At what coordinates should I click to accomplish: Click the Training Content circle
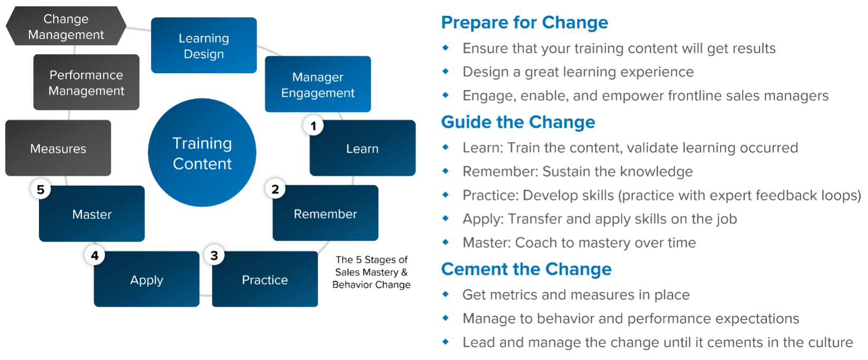click(202, 153)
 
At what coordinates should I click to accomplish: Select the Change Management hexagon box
click(66, 26)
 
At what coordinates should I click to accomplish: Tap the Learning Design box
click(204, 46)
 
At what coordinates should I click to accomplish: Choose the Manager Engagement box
click(318, 84)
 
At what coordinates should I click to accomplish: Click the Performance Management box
click(86, 83)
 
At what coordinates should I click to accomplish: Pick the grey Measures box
click(58, 148)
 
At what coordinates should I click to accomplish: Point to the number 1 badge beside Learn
click(314, 126)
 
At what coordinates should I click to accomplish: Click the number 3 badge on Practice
click(214, 255)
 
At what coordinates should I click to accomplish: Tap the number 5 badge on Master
click(41, 189)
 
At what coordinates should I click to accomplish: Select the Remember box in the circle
click(325, 214)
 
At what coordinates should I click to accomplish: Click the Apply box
click(146, 279)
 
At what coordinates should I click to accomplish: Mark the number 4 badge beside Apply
click(95, 255)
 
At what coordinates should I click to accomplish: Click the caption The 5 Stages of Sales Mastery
click(371, 272)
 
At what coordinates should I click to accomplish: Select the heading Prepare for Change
click(524, 23)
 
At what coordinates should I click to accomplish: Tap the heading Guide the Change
click(518, 122)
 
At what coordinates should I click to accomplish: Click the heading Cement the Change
click(526, 269)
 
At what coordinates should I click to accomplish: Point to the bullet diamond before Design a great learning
click(446, 72)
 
